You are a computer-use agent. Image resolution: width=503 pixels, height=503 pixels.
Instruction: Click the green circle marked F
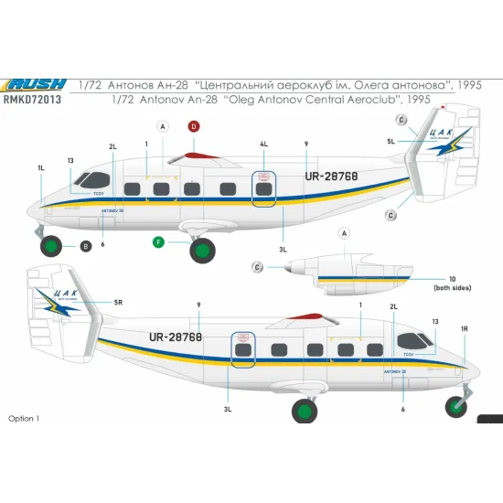click(158, 241)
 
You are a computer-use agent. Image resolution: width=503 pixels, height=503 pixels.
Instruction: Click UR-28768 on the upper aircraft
click(326, 176)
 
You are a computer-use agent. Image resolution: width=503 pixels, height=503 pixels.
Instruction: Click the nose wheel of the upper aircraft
click(53, 245)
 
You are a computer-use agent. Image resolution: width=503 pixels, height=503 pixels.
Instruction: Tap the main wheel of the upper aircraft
click(203, 248)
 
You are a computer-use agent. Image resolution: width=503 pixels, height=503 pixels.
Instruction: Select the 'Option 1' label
click(25, 418)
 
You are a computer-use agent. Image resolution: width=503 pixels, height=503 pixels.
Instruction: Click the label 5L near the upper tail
click(390, 143)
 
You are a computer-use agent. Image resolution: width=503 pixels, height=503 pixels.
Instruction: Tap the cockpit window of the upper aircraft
click(91, 179)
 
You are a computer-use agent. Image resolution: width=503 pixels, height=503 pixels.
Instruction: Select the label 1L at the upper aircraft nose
click(41, 169)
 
